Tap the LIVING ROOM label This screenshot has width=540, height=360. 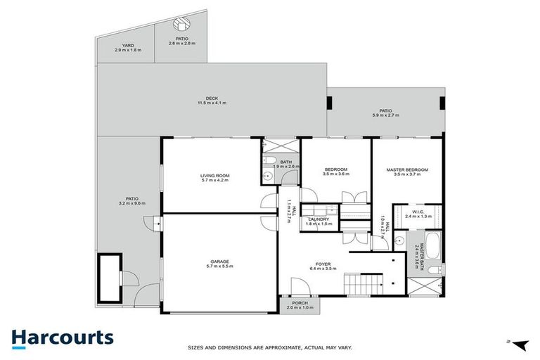click(x=215, y=176)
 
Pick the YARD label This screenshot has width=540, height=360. click(x=127, y=45)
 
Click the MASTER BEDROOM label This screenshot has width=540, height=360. click(x=407, y=170)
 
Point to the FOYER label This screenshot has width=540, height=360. click(x=324, y=264)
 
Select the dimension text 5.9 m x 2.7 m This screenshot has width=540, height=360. click(x=385, y=115)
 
